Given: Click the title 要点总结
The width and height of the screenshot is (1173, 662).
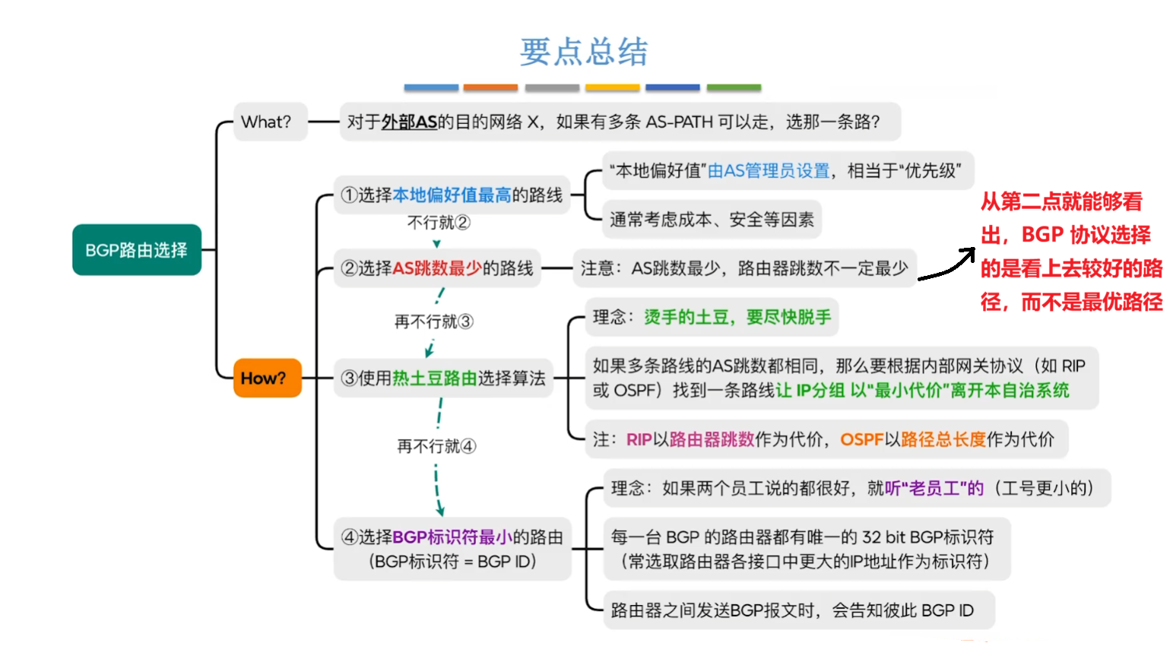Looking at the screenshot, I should (583, 52).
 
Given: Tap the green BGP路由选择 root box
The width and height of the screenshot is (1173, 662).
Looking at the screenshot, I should (137, 250).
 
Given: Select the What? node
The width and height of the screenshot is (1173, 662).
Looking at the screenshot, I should (266, 122).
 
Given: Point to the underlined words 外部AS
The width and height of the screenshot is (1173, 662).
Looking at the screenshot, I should (409, 122).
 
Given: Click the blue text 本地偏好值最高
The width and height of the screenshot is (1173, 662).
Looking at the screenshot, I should (452, 195).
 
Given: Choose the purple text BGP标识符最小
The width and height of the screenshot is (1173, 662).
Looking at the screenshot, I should (452, 537).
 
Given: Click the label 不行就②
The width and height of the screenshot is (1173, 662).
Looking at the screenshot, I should (439, 223).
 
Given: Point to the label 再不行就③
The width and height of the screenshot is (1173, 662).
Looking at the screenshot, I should (433, 321).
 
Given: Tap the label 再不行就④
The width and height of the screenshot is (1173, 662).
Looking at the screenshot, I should (436, 446).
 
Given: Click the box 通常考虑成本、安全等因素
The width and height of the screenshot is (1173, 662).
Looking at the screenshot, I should (712, 220).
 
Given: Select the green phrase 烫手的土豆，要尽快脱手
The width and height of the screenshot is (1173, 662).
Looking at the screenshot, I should (737, 317).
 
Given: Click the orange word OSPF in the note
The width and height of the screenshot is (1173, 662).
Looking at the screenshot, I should (861, 439).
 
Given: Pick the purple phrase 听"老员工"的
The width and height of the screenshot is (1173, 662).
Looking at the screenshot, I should (934, 488).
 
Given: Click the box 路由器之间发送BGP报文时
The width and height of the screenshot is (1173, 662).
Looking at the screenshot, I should (791, 610).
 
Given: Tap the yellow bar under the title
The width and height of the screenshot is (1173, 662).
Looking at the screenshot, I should (612, 88).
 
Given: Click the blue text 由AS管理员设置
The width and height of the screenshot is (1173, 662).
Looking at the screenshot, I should (769, 171).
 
